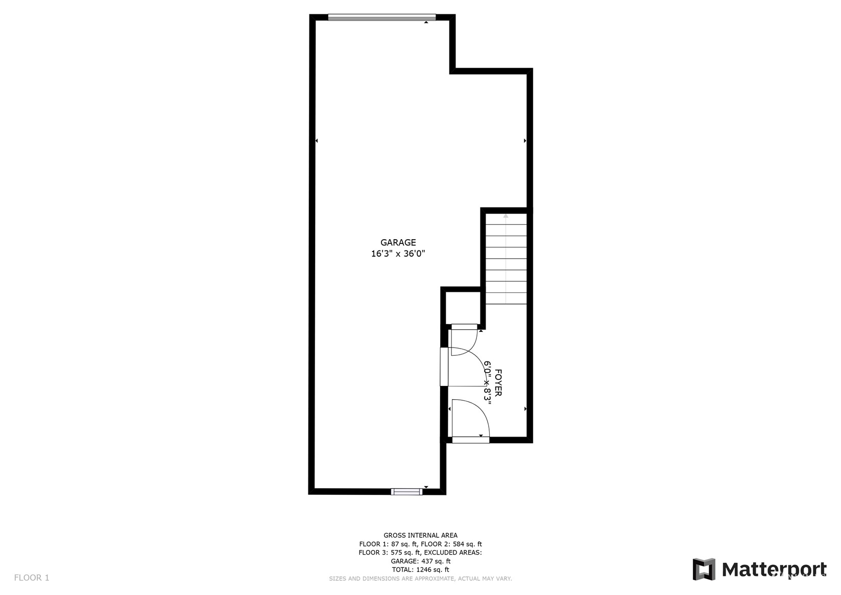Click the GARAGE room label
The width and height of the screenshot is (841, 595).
398,242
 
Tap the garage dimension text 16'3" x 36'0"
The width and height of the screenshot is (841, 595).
398,254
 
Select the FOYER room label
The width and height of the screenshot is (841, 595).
498,383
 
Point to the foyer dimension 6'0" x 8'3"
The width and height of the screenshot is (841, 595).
487,383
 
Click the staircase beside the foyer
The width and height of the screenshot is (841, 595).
506,259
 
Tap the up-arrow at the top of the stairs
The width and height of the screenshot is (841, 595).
506,216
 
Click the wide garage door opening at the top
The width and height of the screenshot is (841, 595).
382,17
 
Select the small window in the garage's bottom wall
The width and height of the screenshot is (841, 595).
406,492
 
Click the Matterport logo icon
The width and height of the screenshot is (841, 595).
704,569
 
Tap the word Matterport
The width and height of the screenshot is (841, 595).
774,570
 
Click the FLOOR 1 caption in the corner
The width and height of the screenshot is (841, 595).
32,578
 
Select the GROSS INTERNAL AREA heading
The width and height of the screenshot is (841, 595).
421,535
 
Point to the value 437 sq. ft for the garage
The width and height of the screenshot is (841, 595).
436,561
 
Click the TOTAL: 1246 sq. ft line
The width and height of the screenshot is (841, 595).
421,570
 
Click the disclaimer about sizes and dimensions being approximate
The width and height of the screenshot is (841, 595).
421,579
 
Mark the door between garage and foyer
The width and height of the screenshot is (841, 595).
444,367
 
